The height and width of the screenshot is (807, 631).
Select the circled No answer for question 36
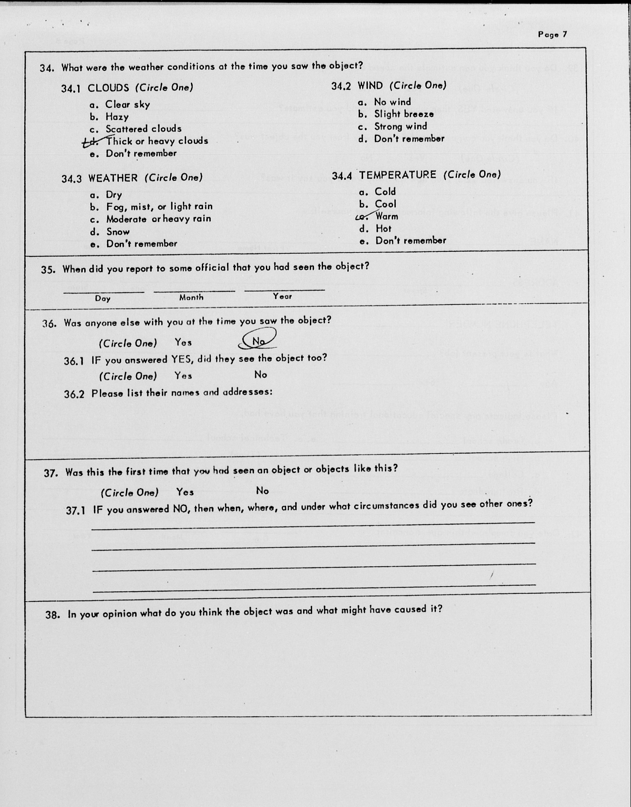pos(258,341)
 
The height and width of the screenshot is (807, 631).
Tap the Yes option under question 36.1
pos(184,376)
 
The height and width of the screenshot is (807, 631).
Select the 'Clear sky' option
pos(127,105)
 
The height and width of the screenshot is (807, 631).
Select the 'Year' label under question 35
pos(282,296)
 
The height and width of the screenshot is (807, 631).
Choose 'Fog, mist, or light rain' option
pos(159,206)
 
